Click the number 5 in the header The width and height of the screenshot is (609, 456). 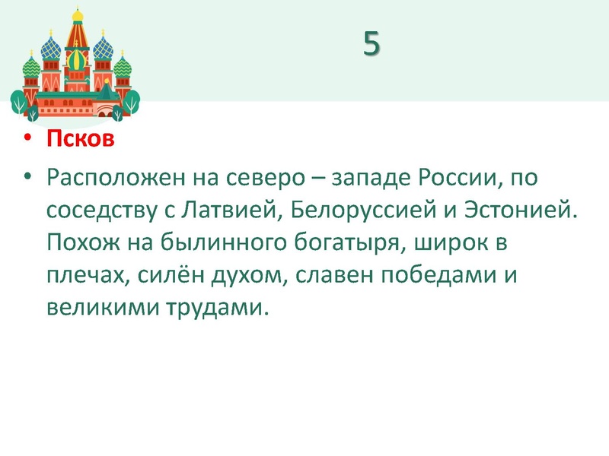click(371, 44)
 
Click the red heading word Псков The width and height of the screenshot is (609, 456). click(80, 140)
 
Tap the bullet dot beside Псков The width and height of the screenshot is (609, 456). click(28, 141)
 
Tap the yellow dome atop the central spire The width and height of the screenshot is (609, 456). click(77, 15)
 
